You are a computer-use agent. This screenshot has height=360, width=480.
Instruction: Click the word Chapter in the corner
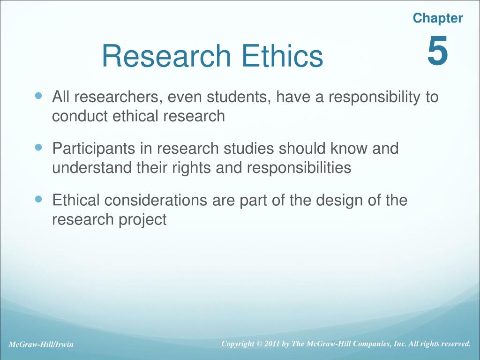coord(438,18)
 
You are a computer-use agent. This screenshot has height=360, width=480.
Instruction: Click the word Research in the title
coord(166,56)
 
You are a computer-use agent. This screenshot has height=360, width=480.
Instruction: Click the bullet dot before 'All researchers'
coord(39,96)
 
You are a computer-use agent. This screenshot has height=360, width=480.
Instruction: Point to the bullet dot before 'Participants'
coord(39,147)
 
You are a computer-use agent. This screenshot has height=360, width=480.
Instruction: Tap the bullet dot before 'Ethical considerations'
coord(39,199)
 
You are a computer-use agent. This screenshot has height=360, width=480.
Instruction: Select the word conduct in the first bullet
coord(80,116)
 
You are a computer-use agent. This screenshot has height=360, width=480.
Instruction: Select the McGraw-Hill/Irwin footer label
coord(41,345)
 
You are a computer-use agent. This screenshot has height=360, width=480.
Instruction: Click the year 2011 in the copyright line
coord(271,344)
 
